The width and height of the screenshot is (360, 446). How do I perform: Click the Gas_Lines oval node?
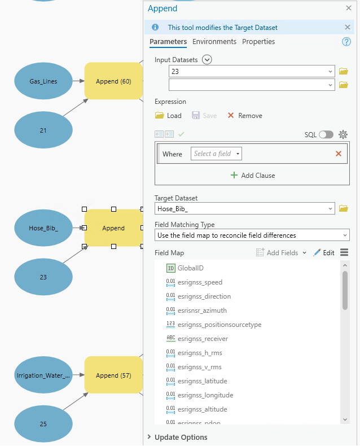[43, 81]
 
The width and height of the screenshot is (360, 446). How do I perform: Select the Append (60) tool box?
[113, 81]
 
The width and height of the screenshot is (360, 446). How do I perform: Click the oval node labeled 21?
[43, 130]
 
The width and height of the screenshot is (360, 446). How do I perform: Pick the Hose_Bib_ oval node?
[43, 228]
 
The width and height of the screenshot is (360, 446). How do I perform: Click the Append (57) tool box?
[113, 375]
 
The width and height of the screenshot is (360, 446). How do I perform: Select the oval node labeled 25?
[43, 424]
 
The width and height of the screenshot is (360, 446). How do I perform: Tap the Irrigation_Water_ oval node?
[43, 375]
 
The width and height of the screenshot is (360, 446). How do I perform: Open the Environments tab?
[214, 42]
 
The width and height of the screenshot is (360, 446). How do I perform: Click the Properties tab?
[258, 42]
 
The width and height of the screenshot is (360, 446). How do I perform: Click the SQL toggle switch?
[326, 134]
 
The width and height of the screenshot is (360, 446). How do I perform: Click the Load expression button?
[168, 116]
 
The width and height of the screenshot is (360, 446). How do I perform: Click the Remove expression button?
[245, 116]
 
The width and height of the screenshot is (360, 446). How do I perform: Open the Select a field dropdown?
[217, 154]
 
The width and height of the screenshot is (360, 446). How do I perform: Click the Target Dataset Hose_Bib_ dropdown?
[244, 209]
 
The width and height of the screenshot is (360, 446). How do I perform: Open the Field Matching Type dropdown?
[252, 235]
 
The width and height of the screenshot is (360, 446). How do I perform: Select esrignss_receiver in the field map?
[203, 339]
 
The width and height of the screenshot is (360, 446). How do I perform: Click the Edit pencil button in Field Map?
[324, 253]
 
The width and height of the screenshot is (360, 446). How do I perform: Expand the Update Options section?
[181, 437]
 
